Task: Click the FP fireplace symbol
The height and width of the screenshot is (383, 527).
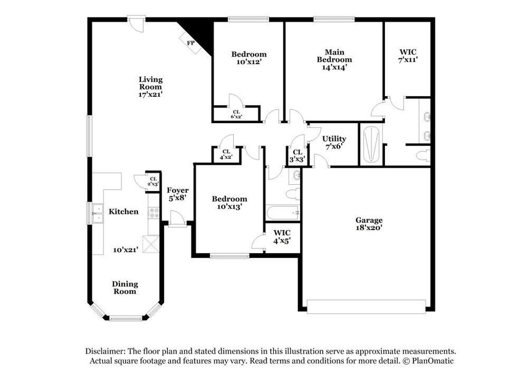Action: click(x=190, y=42)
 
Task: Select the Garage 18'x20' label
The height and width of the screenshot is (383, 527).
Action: click(x=368, y=223)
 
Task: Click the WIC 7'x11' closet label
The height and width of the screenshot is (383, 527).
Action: click(x=408, y=56)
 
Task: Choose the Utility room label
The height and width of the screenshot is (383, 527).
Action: click(x=334, y=142)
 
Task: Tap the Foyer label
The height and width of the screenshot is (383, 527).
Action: click(x=178, y=194)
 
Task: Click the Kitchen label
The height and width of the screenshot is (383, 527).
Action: click(x=123, y=212)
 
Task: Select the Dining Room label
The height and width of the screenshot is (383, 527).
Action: click(x=125, y=287)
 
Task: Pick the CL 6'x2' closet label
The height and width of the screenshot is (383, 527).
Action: click(x=236, y=114)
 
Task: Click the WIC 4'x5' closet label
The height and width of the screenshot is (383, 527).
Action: click(x=282, y=236)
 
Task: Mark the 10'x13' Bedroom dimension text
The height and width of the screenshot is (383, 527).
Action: click(x=230, y=206)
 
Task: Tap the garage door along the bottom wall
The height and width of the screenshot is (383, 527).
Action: click(x=366, y=307)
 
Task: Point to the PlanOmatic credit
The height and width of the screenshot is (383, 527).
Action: click(x=430, y=360)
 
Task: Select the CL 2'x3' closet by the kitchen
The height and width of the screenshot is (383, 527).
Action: click(x=153, y=181)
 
